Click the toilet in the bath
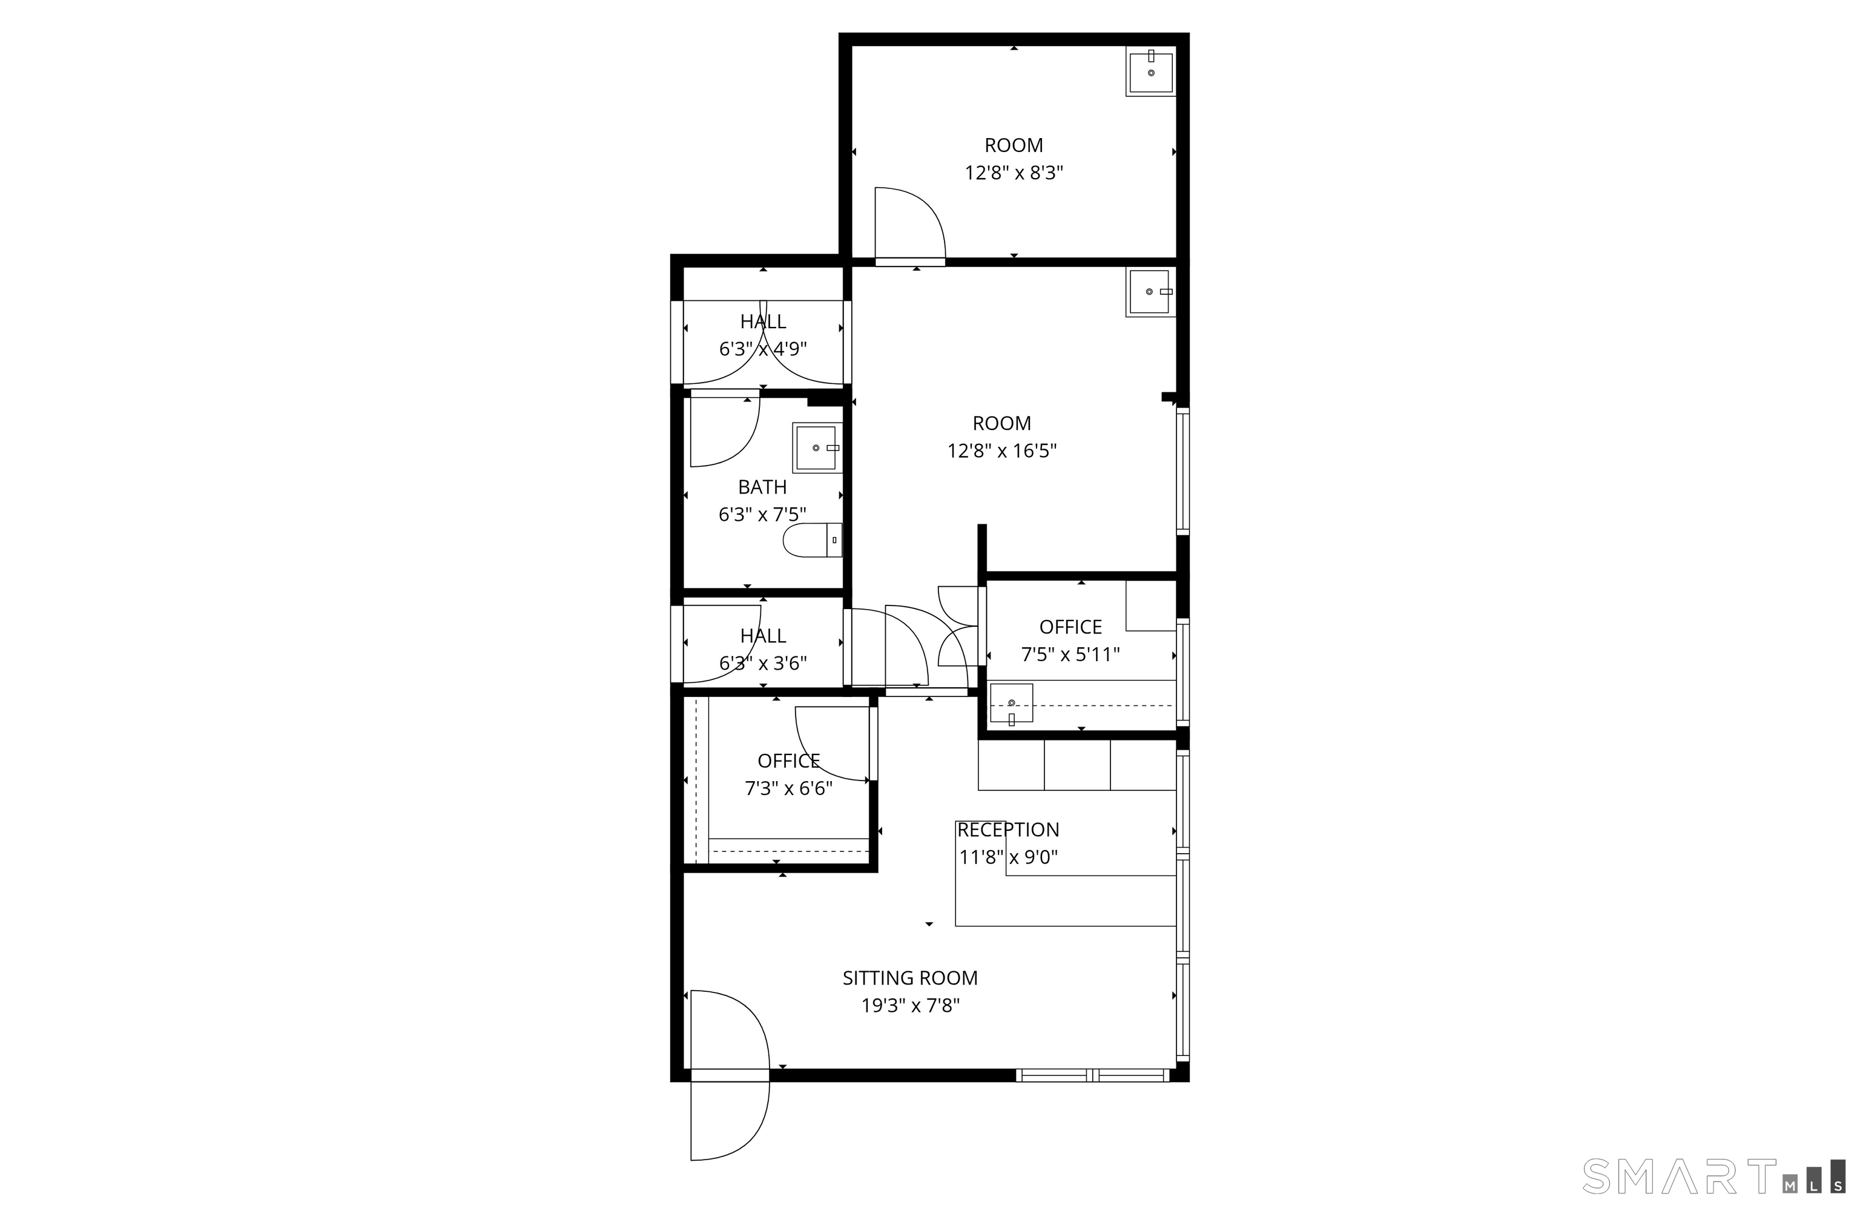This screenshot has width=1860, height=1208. pos(812,540)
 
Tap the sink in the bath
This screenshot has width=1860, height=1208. pos(817,447)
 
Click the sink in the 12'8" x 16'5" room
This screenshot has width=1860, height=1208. pos(1150,291)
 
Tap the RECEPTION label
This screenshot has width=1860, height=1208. pos(1008,829)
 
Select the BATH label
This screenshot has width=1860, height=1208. pos(762,487)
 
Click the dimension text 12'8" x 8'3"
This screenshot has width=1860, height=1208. pos(1014,173)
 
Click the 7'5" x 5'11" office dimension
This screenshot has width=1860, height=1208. pos(1070,654)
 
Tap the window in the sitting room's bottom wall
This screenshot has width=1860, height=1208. pos(1092,1075)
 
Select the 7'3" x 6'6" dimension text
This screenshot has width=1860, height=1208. pos(788,788)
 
